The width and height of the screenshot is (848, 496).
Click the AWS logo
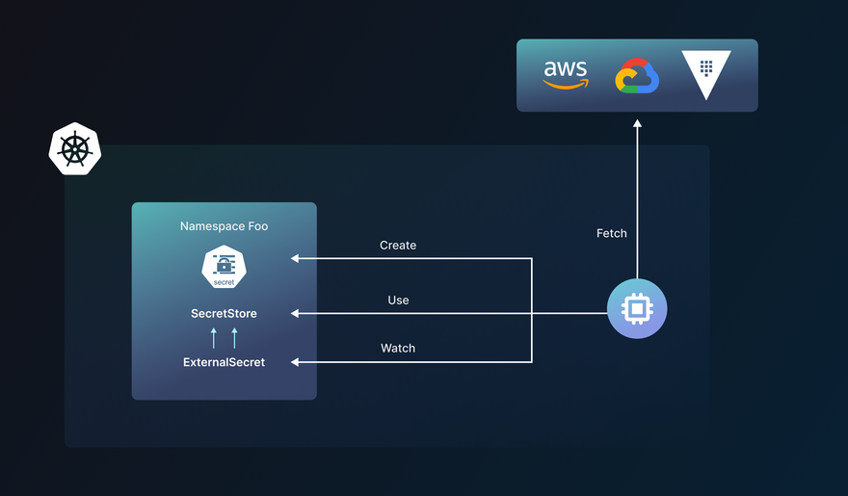click(x=566, y=74)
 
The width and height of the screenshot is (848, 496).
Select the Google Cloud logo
click(x=637, y=76)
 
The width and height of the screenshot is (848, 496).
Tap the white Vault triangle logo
click(x=706, y=74)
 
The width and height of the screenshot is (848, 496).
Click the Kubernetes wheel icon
click(x=75, y=149)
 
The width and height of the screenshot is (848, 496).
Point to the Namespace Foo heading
click(x=224, y=226)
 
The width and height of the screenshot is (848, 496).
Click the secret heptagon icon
click(x=224, y=267)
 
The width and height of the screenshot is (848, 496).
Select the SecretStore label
click(x=224, y=314)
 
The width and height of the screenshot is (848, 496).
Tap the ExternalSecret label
click(x=224, y=362)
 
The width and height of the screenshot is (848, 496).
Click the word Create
click(x=398, y=246)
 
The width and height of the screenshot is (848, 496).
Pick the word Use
click(x=398, y=300)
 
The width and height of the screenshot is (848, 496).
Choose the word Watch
click(x=398, y=348)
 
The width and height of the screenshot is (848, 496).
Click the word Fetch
click(x=612, y=233)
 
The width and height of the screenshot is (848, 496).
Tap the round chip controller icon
click(x=637, y=309)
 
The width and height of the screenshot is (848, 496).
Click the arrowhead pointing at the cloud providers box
click(x=637, y=124)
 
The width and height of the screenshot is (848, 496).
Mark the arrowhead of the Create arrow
click(x=296, y=258)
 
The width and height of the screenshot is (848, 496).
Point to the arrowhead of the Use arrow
click(x=296, y=313)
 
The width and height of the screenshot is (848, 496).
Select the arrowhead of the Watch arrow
click(x=296, y=362)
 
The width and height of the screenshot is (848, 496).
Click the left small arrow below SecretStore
click(x=214, y=337)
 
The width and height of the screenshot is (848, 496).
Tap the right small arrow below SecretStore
click(x=234, y=337)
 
